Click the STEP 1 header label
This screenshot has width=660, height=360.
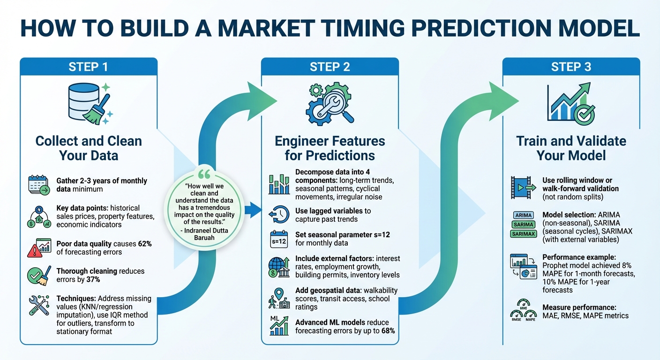point(88,67)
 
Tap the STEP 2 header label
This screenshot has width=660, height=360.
point(330,67)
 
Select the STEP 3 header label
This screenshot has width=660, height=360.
point(571,67)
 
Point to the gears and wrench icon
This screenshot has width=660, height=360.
point(330,103)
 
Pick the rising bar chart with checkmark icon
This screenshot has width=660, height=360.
point(571,103)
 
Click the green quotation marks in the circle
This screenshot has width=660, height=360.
point(204,174)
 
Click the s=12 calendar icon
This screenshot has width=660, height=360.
point(278,239)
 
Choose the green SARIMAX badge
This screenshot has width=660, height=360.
point(524,233)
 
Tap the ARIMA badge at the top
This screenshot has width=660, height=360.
point(524,215)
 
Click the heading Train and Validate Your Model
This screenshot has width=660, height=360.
point(571,148)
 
